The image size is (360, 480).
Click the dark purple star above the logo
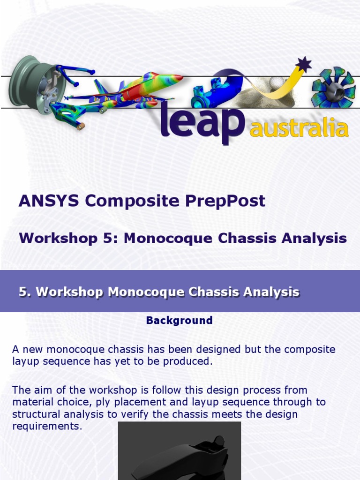tap(304, 64)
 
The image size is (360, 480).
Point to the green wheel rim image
tap(35, 87)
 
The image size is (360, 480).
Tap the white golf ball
tap(277, 83)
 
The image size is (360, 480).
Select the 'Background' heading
tap(180, 321)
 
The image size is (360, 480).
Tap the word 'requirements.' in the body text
tap(47, 427)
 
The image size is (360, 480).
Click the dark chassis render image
tap(180, 452)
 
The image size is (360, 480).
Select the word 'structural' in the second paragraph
tap(35, 414)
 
